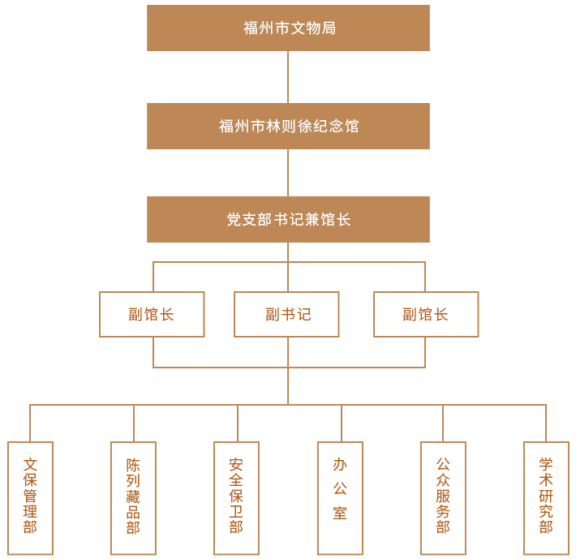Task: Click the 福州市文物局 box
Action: click(288, 28)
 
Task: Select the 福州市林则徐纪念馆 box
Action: click(288, 126)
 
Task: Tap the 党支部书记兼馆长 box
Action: click(288, 219)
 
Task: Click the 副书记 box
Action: click(286, 314)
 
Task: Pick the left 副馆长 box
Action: click(152, 314)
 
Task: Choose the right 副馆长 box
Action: click(426, 314)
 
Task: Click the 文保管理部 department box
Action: click(30, 497)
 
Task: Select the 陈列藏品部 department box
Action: click(133, 497)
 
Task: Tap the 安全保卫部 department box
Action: click(236, 497)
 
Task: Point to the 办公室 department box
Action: click(340, 497)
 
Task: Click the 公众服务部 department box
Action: click(443, 497)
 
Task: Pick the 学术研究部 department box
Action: click(546, 497)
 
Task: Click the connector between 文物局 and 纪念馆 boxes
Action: click(288, 77)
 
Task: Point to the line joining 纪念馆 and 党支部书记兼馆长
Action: click(288, 173)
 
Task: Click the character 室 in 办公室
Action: click(340, 513)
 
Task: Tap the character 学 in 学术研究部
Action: click(546, 465)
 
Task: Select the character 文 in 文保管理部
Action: click(30, 465)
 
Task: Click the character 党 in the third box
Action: click(234, 219)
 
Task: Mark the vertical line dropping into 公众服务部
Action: click(443, 423)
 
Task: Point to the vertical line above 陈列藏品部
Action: click(134, 423)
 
